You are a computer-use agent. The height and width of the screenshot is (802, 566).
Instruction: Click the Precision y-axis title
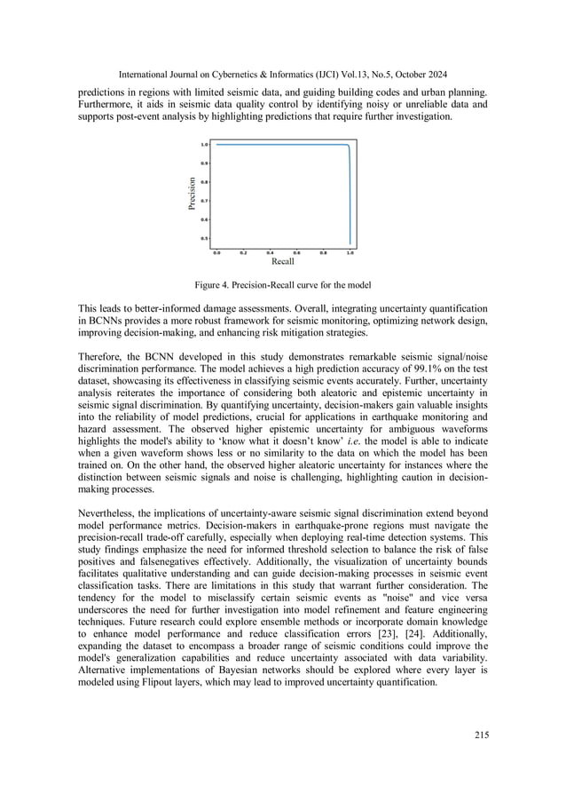(x=192, y=195)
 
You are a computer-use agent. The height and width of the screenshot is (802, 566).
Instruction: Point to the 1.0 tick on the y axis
(x=204, y=144)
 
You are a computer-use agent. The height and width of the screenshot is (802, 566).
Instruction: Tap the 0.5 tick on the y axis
(x=204, y=238)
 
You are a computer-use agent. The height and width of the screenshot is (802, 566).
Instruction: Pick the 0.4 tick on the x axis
(x=270, y=252)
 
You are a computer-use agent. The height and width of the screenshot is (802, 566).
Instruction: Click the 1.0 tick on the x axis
(x=350, y=252)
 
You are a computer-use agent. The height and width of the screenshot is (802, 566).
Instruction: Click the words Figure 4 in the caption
(x=213, y=285)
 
